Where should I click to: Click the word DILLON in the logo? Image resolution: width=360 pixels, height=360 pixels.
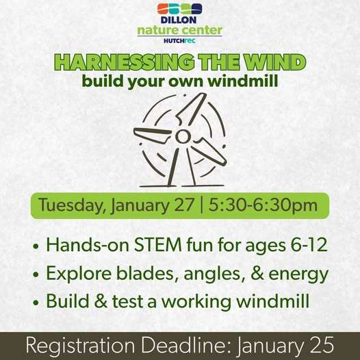(180, 21)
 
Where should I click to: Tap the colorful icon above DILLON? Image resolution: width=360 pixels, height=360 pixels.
(180, 9)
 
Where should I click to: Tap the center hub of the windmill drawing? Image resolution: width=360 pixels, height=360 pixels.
(181, 137)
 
